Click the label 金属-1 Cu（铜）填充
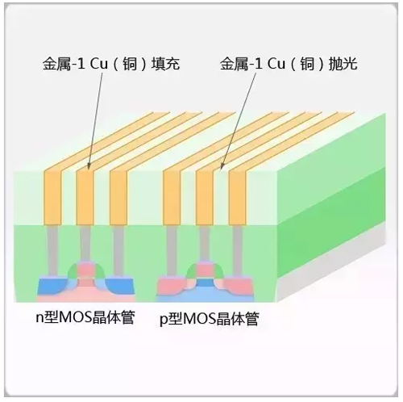click(x=111, y=64)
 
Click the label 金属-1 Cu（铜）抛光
click(x=289, y=64)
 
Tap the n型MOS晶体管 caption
click(x=85, y=318)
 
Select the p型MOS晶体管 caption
click(x=210, y=319)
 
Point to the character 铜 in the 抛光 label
click(x=307, y=64)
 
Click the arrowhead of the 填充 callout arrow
click(x=89, y=166)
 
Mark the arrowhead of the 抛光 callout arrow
click(x=222, y=166)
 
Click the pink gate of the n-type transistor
click(x=85, y=270)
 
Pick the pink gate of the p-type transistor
click(x=205, y=270)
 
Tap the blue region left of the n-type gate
click(x=52, y=287)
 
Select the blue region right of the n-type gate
click(x=120, y=287)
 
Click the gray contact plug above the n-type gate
click(x=85, y=243)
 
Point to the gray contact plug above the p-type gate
click(x=205, y=243)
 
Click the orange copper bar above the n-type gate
click(x=85, y=197)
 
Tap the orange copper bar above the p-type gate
click(x=205, y=197)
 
